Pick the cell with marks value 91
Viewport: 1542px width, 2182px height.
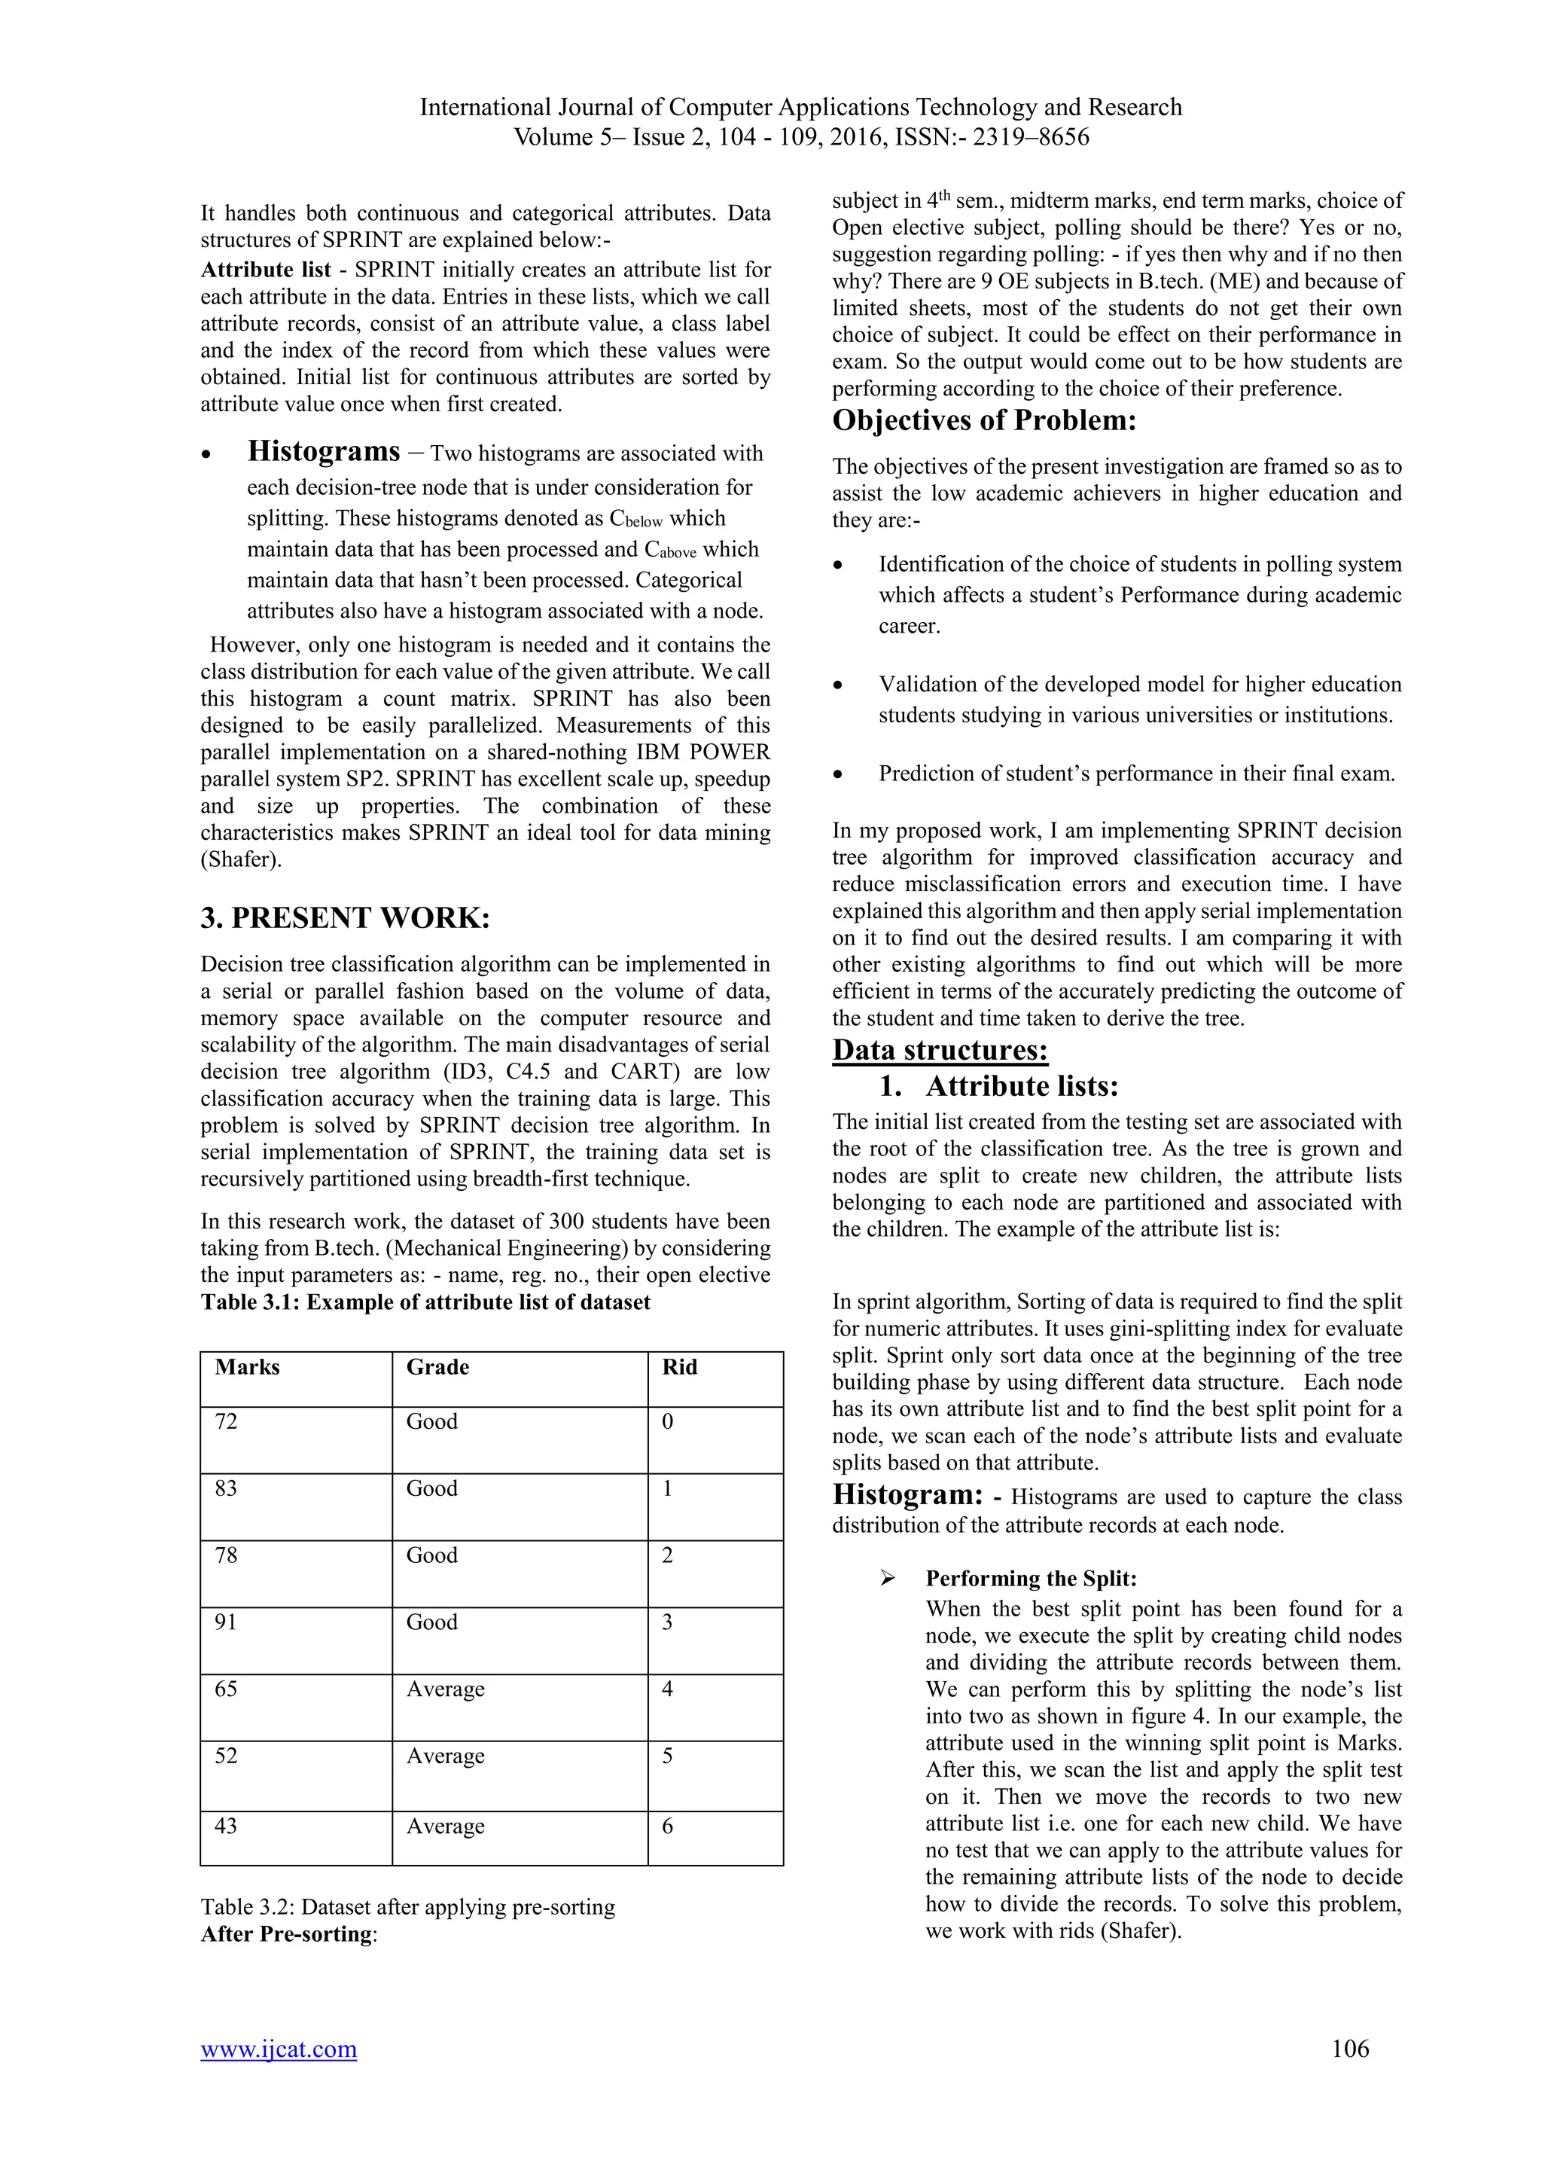[226, 1622]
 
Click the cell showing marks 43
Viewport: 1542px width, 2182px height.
[226, 1826]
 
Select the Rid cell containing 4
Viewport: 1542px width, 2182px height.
[667, 1689]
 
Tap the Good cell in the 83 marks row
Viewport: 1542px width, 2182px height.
[431, 1488]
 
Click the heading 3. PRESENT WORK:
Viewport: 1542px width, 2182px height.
[345, 918]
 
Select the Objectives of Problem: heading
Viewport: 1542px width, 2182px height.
[983, 420]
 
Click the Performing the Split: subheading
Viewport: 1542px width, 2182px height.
[1031, 1579]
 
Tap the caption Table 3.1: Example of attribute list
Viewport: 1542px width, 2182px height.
[425, 1302]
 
